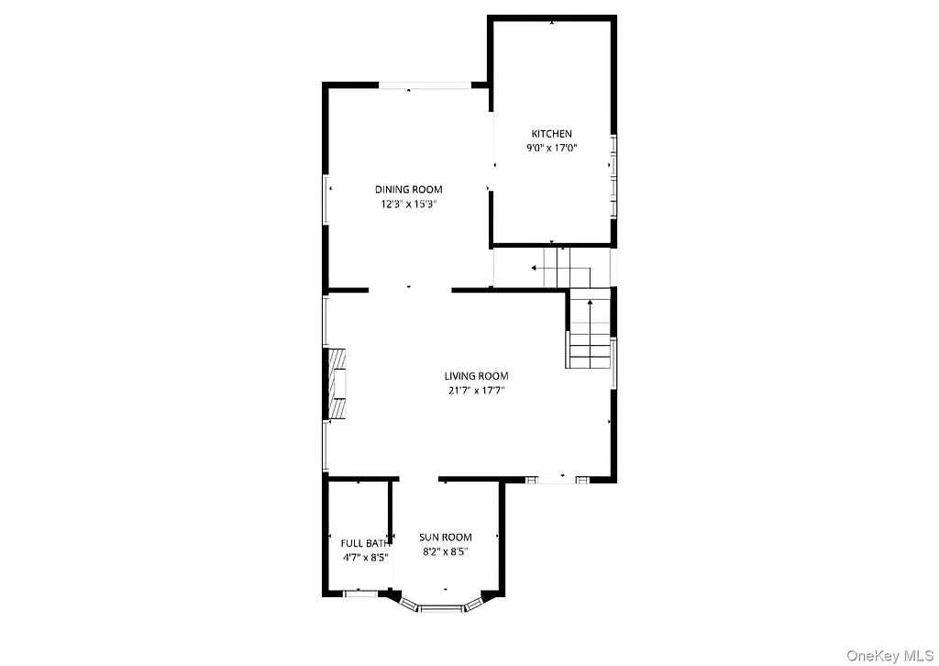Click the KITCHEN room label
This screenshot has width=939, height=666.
[551, 134]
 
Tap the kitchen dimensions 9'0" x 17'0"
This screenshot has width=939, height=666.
[551, 147]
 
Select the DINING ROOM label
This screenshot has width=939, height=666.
[408, 190]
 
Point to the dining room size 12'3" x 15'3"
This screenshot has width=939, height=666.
[408, 205]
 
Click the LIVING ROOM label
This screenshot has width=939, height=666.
[476, 376]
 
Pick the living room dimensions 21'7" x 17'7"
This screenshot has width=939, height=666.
[476, 391]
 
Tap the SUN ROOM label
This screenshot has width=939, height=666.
[446, 538]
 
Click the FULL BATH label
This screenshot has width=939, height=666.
[365, 543]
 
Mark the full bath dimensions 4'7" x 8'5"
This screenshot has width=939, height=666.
[365, 557]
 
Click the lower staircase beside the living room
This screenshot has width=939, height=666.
[589, 333]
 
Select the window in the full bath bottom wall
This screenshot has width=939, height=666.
[359, 594]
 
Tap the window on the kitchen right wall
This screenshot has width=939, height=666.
[613, 174]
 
